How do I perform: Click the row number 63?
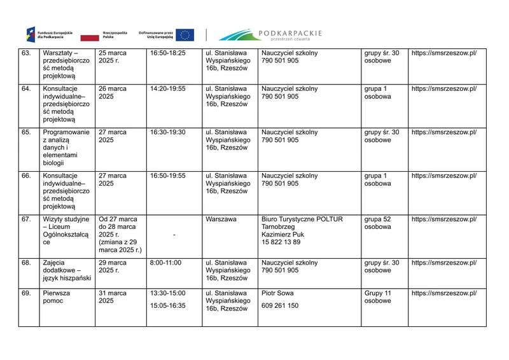coord(26,53)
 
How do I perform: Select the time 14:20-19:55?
coord(167,88)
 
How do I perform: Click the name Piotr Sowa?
coord(277,293)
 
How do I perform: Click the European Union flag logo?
coord(185,35)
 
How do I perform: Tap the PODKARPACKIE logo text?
coord(290,33)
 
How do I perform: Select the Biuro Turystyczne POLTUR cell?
coord(302,219)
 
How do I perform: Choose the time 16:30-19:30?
coord(167,132)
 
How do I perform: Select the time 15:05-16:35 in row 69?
coord(167,306)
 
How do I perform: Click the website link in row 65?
coord(443,132)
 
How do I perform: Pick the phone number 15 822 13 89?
coord(281,242)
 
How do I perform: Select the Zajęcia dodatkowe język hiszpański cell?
coord(67,270)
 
